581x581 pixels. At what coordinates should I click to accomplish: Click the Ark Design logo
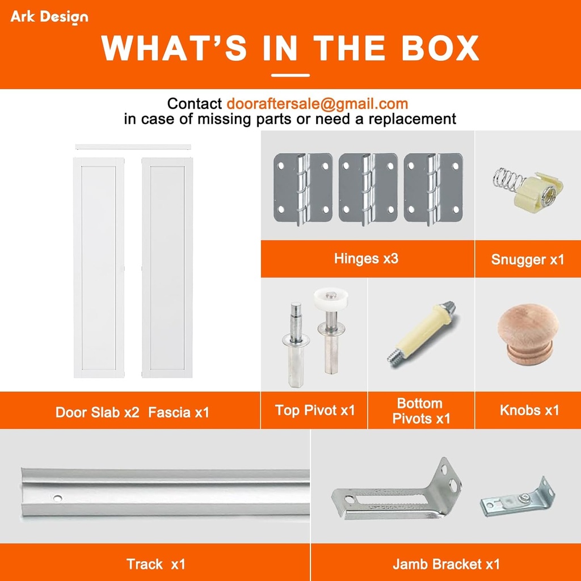pyautogui.click(x=49, y=17)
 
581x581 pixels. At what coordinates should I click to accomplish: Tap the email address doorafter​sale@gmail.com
pyautogui.click(x=317, y=104)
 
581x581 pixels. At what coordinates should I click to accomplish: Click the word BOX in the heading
pyautogui.click(x=440, y=48)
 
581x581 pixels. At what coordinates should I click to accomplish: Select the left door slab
pyautogui.click(x=99, y=268)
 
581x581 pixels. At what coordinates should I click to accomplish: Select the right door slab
pyautogui.click(x=167, y=268)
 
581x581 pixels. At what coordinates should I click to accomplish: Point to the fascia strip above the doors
pyautogui.click(x=133, y=147)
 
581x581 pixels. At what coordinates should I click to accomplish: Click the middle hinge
pyautogui.click(x=368, y=188)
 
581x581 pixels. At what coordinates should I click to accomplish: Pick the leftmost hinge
pyautogui.click(x=303, y=188)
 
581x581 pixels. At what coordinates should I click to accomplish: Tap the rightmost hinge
pyautogui.click(x=433, y=188)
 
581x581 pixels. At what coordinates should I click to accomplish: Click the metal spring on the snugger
pyautogui.click(x=508, y=179)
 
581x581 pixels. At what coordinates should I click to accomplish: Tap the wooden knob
pyautogui.click(x=528, y=334)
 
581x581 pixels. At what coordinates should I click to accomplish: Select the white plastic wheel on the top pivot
pyautogui.click(x=331, y=298)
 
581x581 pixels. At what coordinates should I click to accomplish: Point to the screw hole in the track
pyautogui.click(x=57, y=498)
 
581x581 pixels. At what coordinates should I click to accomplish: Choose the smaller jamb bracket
pyautogui.click(x=517, y=498)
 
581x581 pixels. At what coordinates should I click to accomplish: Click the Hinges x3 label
pyautogui.click(x=366, y=258)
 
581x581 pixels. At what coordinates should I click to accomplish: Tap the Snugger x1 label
pyautogui.click(x=528, y=259)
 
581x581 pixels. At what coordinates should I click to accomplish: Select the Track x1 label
pyautogui.click(x=155, y=564)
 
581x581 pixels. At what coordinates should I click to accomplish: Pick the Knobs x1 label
pyautogui.click(x=529, y=410)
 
